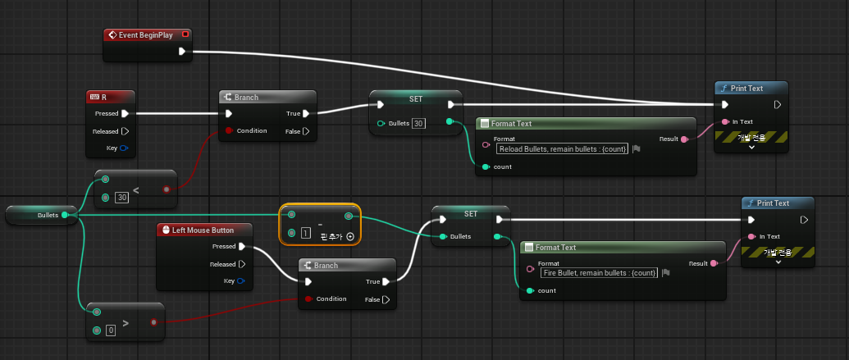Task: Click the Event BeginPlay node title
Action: coord(146,35)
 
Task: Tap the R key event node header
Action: coord(110,98)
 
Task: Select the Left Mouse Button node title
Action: coord(203,230)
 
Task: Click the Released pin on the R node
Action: coord(125,131)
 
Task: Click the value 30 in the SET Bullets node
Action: coord(418,124)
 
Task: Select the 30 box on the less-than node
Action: coord(122,198)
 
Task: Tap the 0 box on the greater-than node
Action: coord(111,330)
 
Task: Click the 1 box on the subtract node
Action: coord(306,234)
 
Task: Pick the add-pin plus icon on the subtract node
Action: coord(350,236)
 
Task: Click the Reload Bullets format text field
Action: coord(563,149)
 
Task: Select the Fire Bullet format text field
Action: coord(600,273)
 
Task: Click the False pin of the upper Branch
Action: coord(307,131)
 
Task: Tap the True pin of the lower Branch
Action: coord(386,281)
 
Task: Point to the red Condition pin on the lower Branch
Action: coord(308,298)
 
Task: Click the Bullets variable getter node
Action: coord(41,215)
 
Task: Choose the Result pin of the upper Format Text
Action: coord(684,139)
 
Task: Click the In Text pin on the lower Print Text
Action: coord(751,236)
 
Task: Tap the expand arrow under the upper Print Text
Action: coord(751,147)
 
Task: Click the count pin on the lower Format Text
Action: coord(530,291)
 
